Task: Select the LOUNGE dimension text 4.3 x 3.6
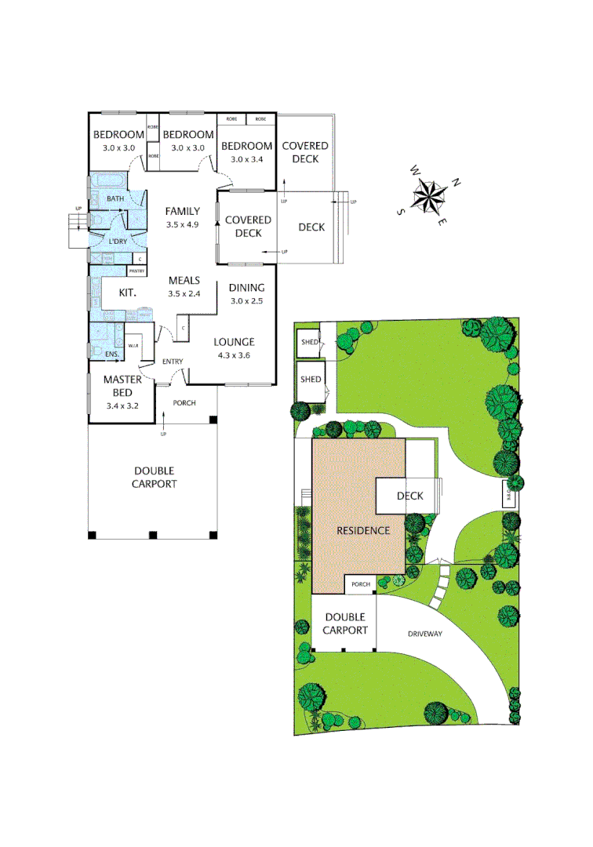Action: [234, 355]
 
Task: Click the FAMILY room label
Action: [182, 211]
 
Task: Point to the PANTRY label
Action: [136, 271]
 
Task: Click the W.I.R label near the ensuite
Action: [133, 345]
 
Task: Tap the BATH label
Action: [115, 199]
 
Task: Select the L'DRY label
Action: [118, 240]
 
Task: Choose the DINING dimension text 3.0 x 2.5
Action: [246, 301]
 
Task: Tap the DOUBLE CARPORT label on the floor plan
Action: [154, 477]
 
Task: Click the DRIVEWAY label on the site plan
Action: [424, 633]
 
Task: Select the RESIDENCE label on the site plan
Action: [363, 530]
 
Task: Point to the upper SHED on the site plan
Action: [307, 342]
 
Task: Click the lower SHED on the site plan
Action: [311, 380]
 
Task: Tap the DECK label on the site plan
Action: [409, 496]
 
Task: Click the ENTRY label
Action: [173, 362]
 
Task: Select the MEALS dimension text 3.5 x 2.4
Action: [184, 294]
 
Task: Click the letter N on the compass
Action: [457, 184]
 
